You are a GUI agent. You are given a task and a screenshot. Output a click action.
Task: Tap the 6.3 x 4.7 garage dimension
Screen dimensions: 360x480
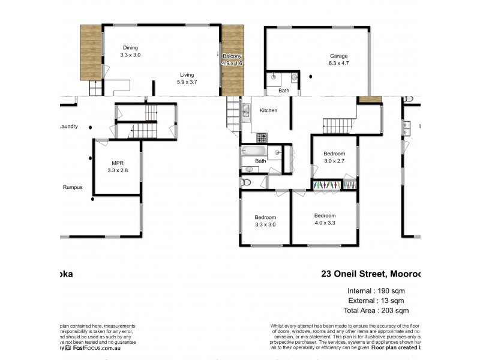pyautogui.click(x=339, y=62)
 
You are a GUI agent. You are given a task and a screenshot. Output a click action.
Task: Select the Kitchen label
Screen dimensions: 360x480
pyautogui.click(x=268, y=110)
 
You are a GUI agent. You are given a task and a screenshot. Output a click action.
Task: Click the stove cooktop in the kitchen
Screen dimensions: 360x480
pyautogui.click(x=262, y=137)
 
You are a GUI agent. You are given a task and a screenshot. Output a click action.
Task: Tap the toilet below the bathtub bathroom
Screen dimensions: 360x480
pyautogui.click(x=245, y=182)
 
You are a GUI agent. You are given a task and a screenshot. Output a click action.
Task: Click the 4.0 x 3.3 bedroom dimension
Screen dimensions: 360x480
pyautogui.click(x=325, y=223)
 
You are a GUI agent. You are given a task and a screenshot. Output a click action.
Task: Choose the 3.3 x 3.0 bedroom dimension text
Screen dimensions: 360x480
pyautogui.click(x=265, y=224)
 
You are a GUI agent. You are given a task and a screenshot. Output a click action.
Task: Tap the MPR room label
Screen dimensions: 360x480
pyautogui.click(x=118, y=163)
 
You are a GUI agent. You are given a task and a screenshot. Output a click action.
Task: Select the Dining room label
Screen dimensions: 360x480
pyautogui.click(x=130, y=48)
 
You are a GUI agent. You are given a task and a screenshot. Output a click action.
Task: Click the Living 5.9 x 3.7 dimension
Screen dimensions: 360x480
pyautogui.click(x=187, y=82)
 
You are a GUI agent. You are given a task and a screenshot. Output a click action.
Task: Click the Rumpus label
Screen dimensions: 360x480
pyautogui.click(x=73, y=187)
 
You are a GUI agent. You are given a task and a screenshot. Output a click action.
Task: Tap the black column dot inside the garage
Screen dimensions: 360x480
pyautogui.click(x=310, y=76)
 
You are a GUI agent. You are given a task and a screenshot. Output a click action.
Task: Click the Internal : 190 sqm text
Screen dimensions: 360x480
pyautogui.click(x=378, y=290)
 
